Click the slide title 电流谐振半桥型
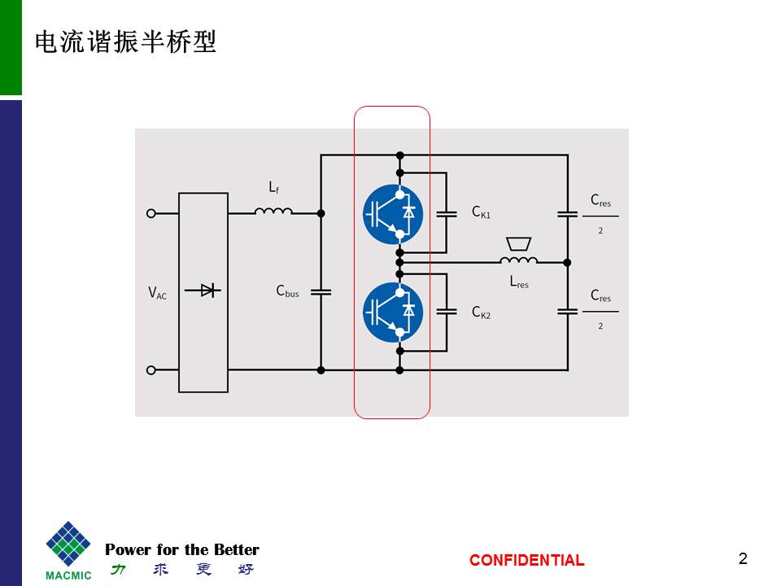tap(125, 42)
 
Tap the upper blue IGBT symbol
tap(392, 214)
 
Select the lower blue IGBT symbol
tap(392, 310)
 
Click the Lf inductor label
tap(274, 188)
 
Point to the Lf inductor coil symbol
tap(273, 212)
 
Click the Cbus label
tap(287, 291)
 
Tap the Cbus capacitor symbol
tap(321, 291)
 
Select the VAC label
tap(157, 293)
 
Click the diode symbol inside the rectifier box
tap(203, 291)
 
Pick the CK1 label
tap(481, 212)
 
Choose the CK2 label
tap(481, 312)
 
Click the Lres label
tap(518, 282)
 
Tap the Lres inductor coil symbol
tap(518, 260)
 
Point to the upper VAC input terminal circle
tap(151, 213)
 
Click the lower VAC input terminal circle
tap(151, 370)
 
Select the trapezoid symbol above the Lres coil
tap(517, 244)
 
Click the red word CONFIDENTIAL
tap(526, 560)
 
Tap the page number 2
tap(742, 558)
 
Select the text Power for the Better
tap(182, 549)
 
